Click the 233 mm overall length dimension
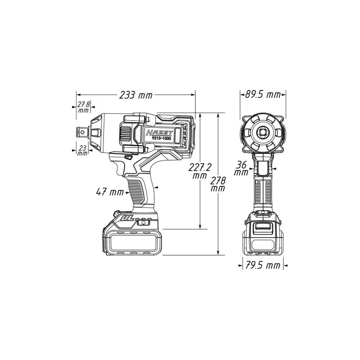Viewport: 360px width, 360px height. coord(136,95)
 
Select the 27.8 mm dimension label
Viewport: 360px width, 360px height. coord(83,107)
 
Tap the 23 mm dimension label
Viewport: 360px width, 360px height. coord(82,150)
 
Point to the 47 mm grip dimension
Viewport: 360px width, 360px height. coord(110,192)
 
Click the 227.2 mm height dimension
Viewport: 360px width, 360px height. coord(200,171)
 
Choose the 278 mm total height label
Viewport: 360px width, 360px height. coord(218,184)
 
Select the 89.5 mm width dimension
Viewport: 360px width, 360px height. coord(263,94)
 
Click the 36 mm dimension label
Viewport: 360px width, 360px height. coord(241,168)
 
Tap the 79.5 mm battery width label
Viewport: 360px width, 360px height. coord(263,265)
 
